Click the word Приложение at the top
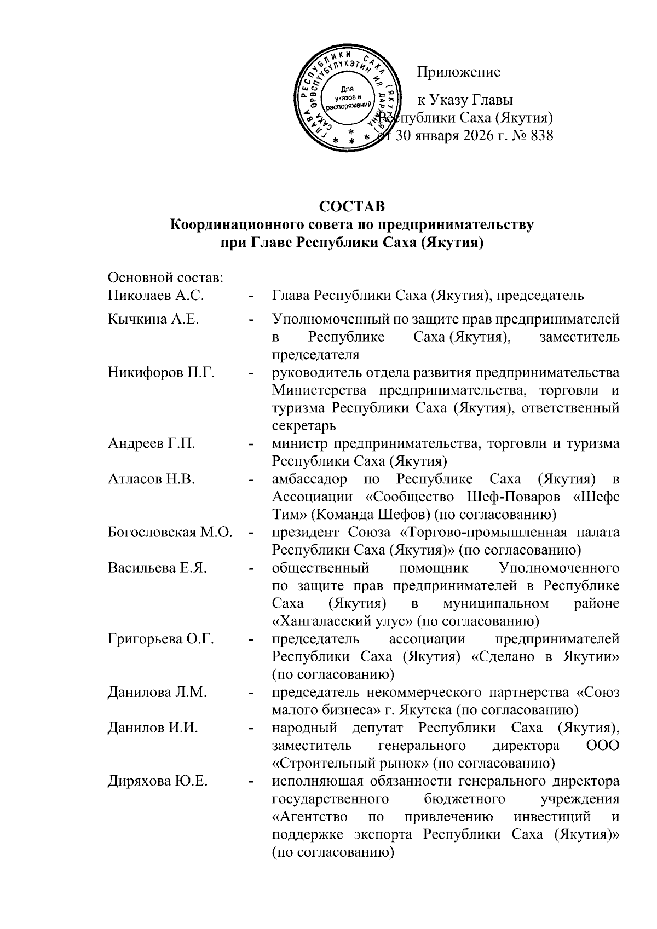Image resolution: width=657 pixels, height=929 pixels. point(459,72)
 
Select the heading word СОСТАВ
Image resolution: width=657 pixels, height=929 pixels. point(352,206)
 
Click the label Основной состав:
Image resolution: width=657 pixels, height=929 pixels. point(165,278)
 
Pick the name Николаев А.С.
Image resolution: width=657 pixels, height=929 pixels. point(156,296)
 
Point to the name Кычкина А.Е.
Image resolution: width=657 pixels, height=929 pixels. point(153,319)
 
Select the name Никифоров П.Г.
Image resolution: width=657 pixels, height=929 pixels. point(161,373)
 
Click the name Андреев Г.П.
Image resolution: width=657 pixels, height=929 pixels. point(152,444)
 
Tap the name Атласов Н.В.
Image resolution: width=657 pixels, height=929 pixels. point(152,480)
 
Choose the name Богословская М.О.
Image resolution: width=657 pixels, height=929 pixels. point(170,533)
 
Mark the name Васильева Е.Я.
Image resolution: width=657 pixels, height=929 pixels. point(157,568)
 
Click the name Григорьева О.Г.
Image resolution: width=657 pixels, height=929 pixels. point(160,639)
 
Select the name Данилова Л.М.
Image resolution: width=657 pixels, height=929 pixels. point(157,693)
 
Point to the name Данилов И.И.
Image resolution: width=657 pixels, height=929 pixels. point(153,728)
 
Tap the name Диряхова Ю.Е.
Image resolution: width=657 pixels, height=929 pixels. point(158,781)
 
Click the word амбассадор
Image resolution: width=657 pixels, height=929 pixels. point(309,480)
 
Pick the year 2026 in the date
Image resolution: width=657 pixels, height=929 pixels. point(478,136)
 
